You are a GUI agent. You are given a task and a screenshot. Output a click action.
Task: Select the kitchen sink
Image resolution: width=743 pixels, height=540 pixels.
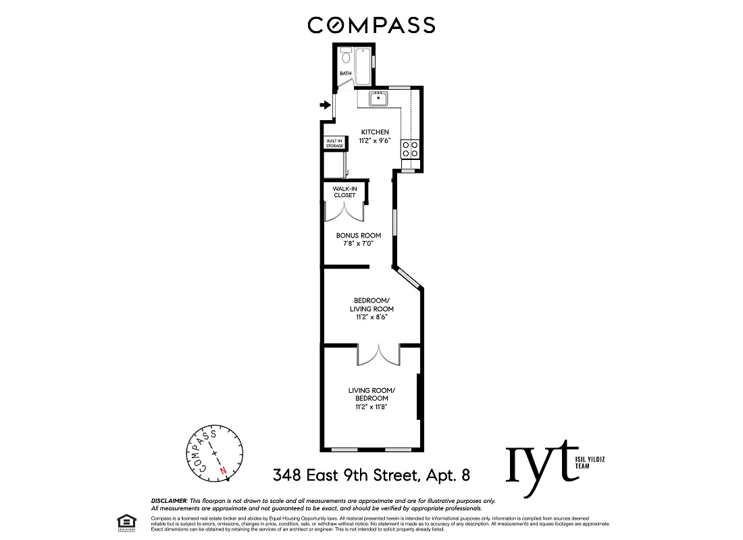click(x=378, y=100)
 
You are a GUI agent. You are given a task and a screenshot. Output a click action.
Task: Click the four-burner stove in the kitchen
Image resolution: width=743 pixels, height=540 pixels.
click(x=410, y=148)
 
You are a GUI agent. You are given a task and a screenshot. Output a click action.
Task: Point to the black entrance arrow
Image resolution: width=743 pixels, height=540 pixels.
click(x=325, y=105)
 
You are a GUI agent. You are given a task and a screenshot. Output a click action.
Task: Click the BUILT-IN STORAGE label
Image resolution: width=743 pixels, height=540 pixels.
click(x=334, y=144)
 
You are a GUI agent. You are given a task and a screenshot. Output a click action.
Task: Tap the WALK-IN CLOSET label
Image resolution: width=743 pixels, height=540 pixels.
click(x=344, y=192)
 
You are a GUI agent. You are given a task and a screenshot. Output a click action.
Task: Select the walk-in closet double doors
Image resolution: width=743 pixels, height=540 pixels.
click(x=344, y=212)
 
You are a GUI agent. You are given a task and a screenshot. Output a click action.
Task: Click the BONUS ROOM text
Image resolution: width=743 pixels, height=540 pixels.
click(x=359, y=236)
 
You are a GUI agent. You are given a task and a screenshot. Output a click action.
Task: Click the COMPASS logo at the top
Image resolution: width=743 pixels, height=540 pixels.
click(x=371, y=25)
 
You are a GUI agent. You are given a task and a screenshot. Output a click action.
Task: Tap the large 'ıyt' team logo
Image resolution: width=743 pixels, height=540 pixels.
click(x=543, y=462)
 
